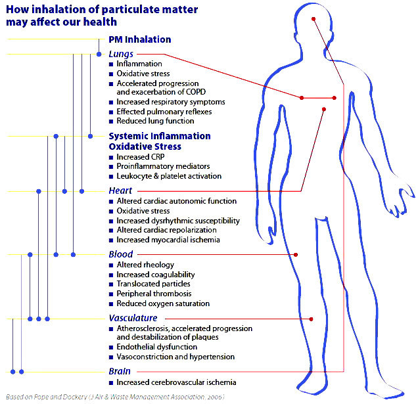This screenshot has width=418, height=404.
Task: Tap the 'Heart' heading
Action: coord(120,191)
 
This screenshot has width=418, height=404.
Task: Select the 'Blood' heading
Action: coord(121,254)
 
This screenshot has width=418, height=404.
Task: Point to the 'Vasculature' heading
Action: coord(133,318)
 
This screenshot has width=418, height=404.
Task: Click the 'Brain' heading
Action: coord(120,371)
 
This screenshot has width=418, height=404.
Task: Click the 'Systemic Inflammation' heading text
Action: coord(160,136)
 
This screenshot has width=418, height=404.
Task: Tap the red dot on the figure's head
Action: coord(314,18)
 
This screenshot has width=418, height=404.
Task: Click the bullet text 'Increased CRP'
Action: coord(141,158)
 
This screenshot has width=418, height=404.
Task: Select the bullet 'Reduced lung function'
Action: coord(155,121)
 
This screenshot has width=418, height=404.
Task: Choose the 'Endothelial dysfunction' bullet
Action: coord(156,347)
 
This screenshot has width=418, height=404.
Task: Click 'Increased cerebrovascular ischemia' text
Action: coord(176,382)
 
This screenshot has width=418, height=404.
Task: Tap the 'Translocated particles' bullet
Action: coord(154,284)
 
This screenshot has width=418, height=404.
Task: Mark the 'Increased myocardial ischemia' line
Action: coord(168,240)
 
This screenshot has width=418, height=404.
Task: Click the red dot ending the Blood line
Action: coord(296,254)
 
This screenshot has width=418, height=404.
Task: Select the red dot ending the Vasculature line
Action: coord(311,319)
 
